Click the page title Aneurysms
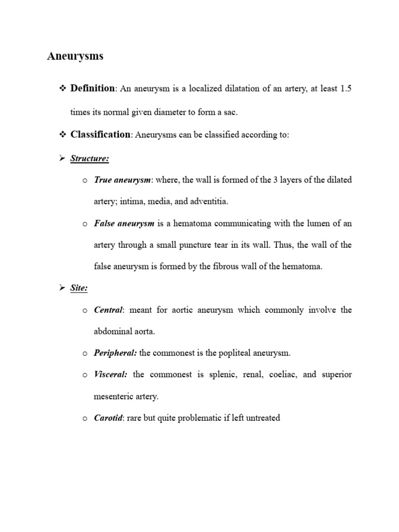(75, 57)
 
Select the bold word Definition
(92, 88)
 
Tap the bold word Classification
(100, 135)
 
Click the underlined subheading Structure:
(90, 158)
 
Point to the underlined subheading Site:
(79, 288)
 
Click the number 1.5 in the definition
(345, 89)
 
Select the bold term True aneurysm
(122, 180)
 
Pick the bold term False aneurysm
(124, 223)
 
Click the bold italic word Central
(108, 310)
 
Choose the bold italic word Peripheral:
(115, 353)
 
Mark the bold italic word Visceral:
(111, 375)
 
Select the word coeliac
(279, 375)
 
